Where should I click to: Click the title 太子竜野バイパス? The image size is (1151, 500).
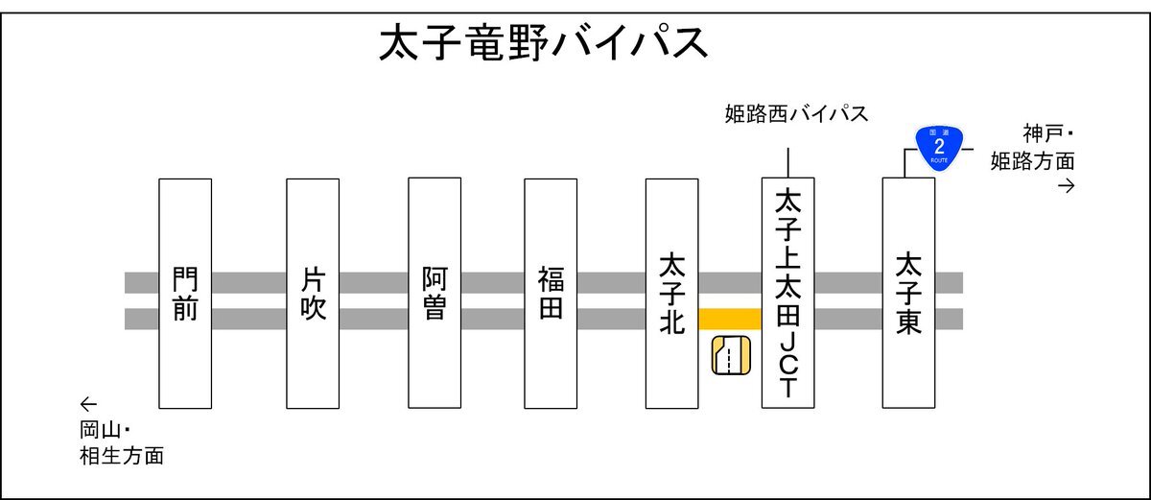pyautogui.click(x=543, y=43)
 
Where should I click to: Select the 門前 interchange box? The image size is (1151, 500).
pyautogui.click(x=185, y=294)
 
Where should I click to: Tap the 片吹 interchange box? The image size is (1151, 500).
pyautogui.click(x=313, y=294)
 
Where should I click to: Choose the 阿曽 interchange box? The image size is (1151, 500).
pyautogui.click(x=435, y=293)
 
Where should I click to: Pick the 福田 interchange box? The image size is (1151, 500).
pyautogui.click(x=551, y=294)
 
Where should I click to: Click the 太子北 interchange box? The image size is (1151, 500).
pyautogui.click(x=671, y=294)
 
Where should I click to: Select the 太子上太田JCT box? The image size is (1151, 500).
pyautogui.click(x=787, y=293)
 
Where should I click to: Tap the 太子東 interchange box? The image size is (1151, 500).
pyautogui.click(x=908, y=293)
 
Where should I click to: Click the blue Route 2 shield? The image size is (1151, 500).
pyautogui.click(x=939, y=148)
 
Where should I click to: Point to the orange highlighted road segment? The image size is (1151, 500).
pyautogui.click(x=730, y=319)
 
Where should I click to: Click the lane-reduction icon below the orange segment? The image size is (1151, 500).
pyautogui.click(x=731, y=355)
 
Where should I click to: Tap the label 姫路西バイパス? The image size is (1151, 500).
pyautogui.click(x=796, y=114)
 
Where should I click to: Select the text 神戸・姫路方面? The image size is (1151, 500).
pyautogui.click(x=1033, y=148)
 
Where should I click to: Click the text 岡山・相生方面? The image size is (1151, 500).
pyautogui.click(x=122, y=443)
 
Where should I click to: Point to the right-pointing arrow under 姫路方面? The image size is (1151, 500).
pyautogui.click(x=1067, y=186)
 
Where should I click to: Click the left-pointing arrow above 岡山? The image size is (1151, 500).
pyautogui.click(x=88, y=404)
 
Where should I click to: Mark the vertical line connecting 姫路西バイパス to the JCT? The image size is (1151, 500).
pyautogui.click(x=787, y=163)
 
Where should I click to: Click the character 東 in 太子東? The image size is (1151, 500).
pyautogui.click(x=908, y=321)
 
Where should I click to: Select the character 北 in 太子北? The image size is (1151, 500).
pyautogui.click(x=671, y=321)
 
